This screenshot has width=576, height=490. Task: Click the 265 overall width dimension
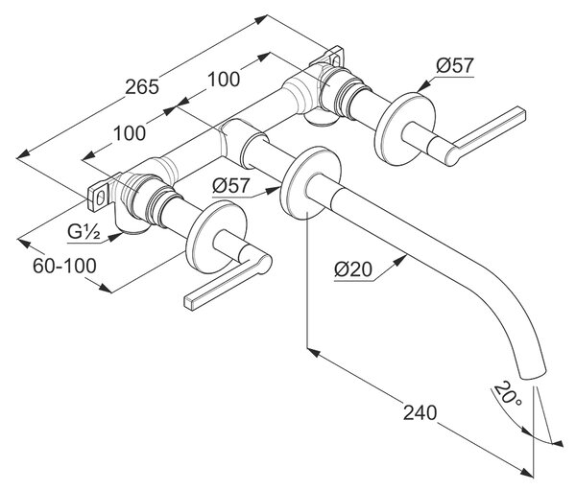coord(142,87)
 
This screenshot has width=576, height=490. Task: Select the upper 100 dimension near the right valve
coord(224,80)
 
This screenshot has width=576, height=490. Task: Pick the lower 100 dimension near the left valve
coord(130,133)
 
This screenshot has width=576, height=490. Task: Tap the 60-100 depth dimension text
coord(64,266)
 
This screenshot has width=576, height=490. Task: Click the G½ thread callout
coord(84,232)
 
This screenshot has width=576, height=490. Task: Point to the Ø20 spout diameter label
coord(353,269)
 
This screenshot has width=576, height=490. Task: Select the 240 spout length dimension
coord(420,412)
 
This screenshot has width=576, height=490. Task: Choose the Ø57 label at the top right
coord(455,66)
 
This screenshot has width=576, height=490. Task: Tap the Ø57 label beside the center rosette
coord(231,186)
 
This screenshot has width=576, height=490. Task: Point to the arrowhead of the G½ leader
coord(116,236)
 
